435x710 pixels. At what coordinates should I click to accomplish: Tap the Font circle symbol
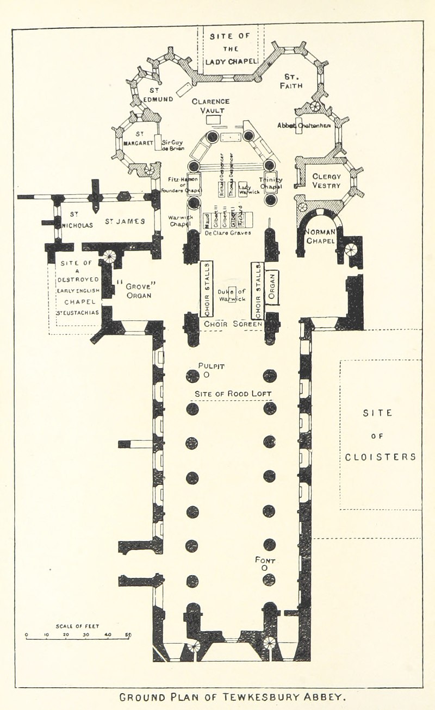point(265,568)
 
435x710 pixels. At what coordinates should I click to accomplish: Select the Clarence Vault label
point(210,105)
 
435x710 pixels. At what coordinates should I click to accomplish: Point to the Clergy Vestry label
point(326,180)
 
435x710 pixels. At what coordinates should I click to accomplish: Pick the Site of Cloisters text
point(381,435)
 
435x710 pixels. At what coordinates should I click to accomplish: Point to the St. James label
point(125,221)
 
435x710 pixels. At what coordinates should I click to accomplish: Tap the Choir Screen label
point(233,324)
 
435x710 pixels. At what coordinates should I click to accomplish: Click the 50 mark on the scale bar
point(128,634)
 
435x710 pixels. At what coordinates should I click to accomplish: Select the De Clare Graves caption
point(228,233)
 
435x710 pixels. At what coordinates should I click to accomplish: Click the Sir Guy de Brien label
point(173,145)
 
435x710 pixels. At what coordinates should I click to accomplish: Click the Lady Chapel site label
point(231,49)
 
